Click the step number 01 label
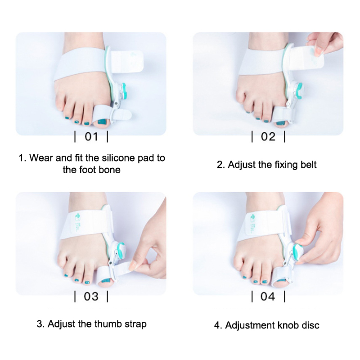pos(91,137)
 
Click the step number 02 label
pos(268,137)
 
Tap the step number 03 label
pos(91,297)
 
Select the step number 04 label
pos(268,297)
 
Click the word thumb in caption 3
pos(108,324)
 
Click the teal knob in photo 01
pos(124,91)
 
